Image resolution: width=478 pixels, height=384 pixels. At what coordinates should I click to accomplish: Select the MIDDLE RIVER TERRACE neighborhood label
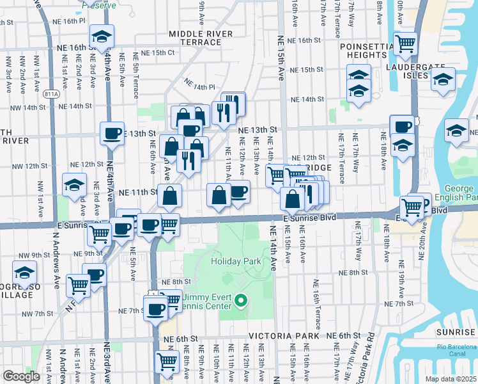195,38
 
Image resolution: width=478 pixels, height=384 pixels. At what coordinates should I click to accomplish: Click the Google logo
21,376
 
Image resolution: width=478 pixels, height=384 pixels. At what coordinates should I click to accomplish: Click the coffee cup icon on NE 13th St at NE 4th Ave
112,134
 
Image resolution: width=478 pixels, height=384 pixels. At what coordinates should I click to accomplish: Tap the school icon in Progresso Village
25,272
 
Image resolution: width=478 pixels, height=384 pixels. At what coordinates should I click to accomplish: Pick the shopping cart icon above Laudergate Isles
405,44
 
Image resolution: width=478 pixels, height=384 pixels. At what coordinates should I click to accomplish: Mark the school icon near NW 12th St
75,185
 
